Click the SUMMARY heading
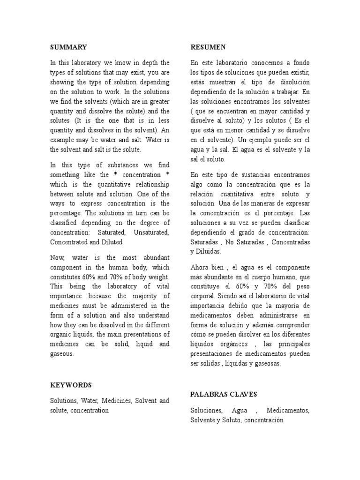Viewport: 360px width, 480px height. coord(68,47)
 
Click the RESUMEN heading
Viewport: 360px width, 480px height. coord(208,47)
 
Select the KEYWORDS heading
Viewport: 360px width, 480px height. coord(71,385)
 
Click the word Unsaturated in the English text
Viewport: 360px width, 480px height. coord(151,232)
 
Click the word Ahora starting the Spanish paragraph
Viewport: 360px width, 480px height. coord(201,267)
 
